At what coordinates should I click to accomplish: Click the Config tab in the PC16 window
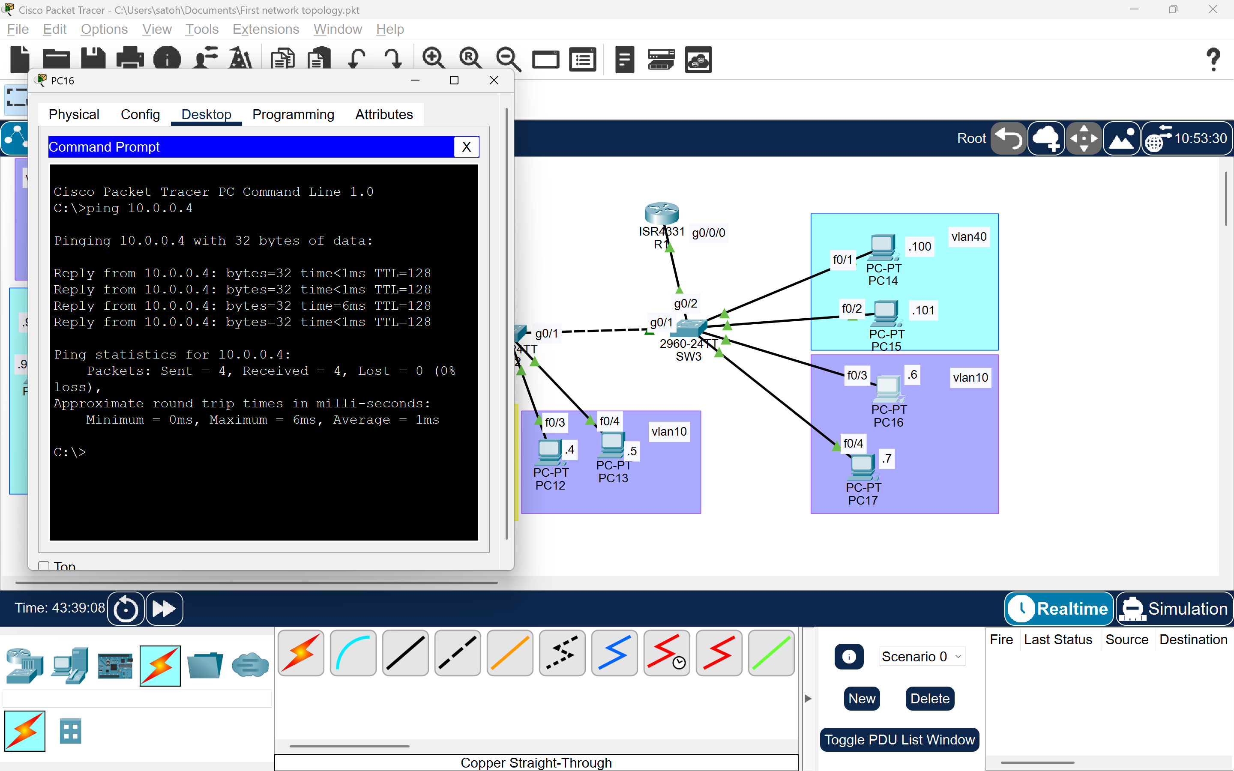[x=140, y=114]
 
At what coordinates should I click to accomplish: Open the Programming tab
[x=293, y=114]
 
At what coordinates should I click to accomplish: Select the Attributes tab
[x=384, y=114]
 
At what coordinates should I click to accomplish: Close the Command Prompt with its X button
[x=466, y=147]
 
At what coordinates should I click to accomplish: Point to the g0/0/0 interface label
[x=708, y=233]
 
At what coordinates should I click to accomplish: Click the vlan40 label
[x=969, y=236]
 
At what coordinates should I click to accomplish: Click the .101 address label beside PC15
[x=924, y=310]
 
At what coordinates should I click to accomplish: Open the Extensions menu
[x=266, y=29]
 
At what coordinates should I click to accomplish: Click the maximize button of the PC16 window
[x=454, y=81]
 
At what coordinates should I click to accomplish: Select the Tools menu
[x=201, y=29]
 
